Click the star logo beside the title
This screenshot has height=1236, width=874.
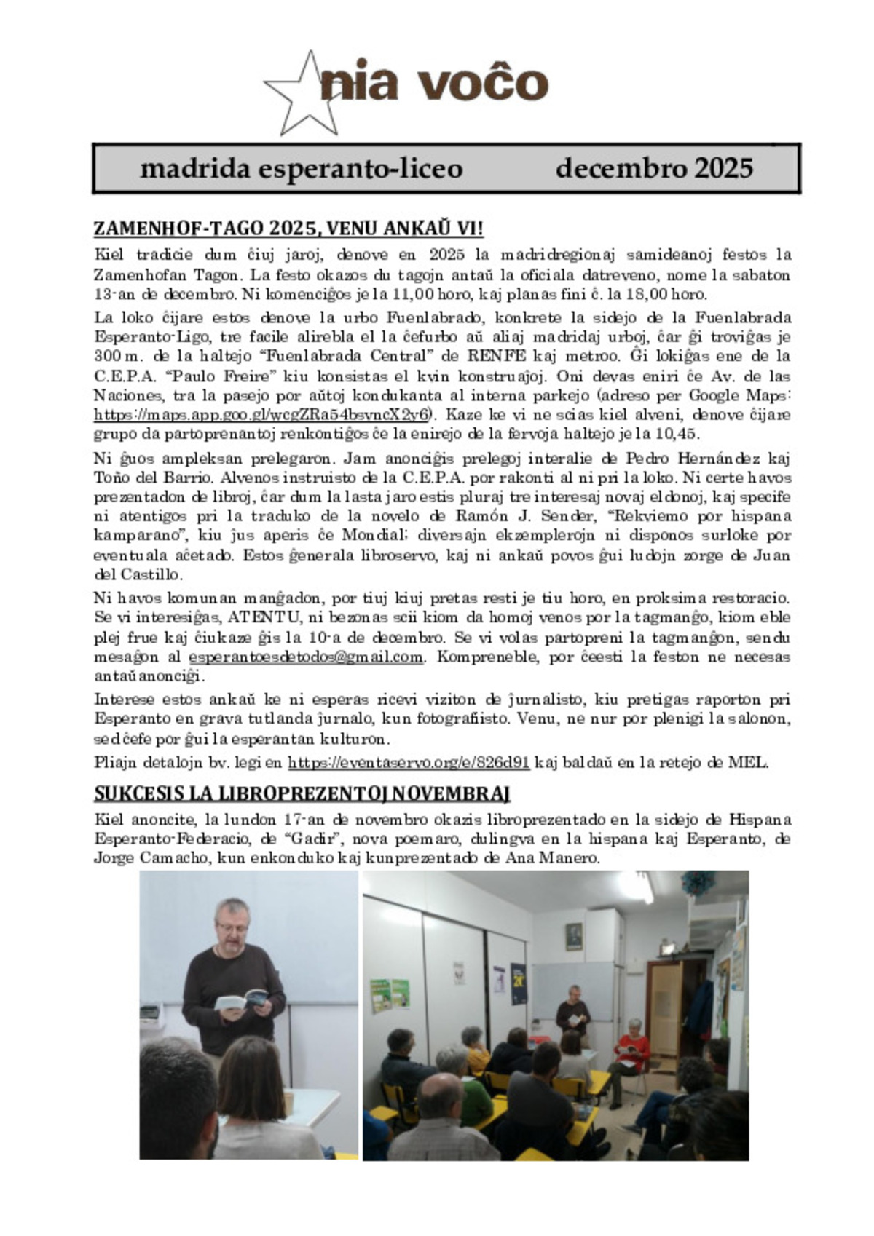coord(301,95)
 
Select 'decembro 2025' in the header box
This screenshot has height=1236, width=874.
coord(653,168)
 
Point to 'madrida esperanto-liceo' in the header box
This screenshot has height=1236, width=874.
coord(301,168)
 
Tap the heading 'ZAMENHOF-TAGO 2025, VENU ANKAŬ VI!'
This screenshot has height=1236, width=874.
coord(288,229)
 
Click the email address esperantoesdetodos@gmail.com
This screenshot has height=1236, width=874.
coord(306,657)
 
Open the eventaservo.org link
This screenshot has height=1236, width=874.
coord(409,763)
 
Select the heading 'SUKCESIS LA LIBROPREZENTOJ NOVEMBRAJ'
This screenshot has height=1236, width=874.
coord(302,793)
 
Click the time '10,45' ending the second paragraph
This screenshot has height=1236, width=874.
coord(682,435)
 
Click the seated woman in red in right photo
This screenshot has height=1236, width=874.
coord(631,1048)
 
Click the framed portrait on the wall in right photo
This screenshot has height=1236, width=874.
coord(574,936)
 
